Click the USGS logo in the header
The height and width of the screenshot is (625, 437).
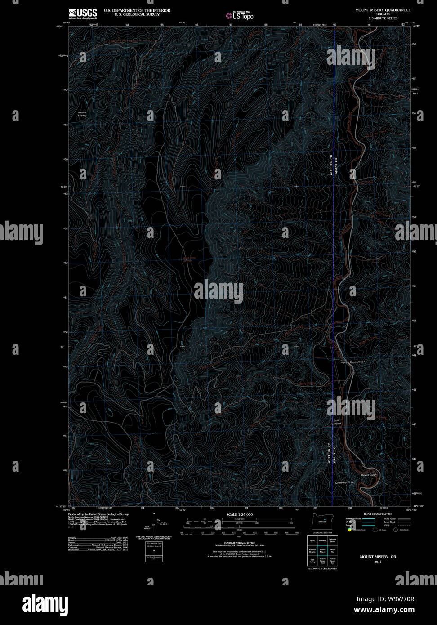(82, 13)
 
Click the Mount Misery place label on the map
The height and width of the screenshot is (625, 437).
(82, 114)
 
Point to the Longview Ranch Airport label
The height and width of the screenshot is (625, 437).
(352, 362)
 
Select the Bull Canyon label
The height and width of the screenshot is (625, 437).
(337, 422)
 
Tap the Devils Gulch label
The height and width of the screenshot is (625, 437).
(368, 475)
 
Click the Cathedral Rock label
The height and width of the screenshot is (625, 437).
(344, 482)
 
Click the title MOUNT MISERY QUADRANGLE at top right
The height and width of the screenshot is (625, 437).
(383, 9)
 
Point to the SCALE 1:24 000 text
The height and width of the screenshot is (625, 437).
(239, 514)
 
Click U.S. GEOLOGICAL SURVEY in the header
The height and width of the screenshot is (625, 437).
(132, 14)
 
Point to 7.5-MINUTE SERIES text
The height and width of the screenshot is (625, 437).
(383, 18)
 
